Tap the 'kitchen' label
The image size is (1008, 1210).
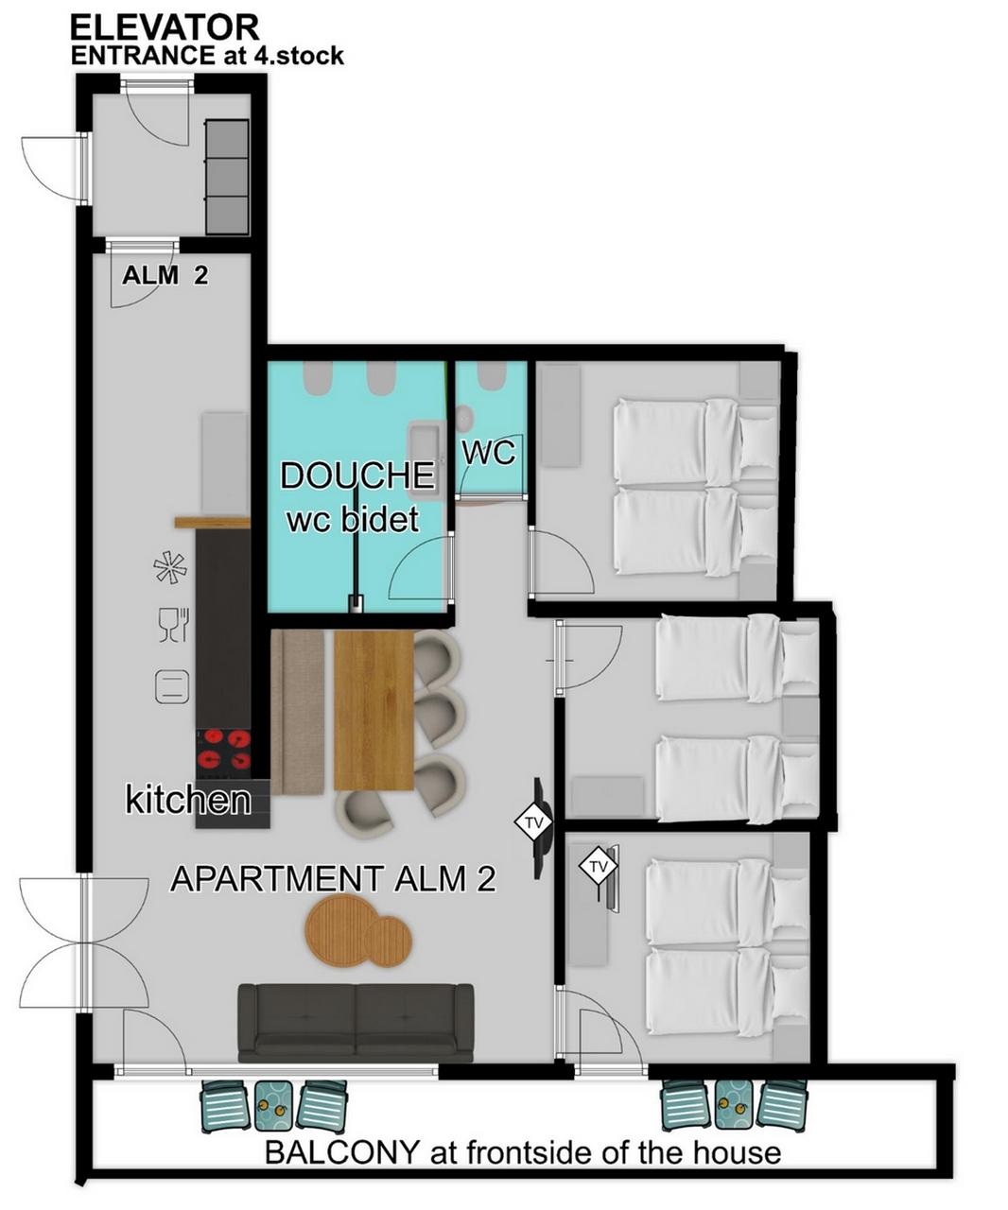tap(188, 800)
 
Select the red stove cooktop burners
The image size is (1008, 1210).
tap(223, 749)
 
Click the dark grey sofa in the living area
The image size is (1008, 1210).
tap(356, 1023)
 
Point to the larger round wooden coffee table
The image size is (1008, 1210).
tap(338, 931)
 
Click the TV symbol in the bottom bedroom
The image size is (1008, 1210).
tap(598, 867)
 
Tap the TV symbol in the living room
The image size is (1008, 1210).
tap(533, 821)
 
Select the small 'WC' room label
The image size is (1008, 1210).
tap(488, 453)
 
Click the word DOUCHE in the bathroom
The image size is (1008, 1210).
tap(357, 475)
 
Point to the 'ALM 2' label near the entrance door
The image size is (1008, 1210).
tap(165, 275)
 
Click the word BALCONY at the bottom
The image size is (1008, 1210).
tap(341, 1152)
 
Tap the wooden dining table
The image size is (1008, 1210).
tap(374, 711)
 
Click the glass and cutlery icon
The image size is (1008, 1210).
tap(173, 625)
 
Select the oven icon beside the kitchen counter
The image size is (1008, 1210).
tap(172, 686)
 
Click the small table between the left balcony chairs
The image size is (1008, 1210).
tap(273, 1106)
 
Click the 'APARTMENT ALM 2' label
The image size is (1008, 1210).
tap(333, 878)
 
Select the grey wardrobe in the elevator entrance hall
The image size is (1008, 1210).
tap(227, 177)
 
